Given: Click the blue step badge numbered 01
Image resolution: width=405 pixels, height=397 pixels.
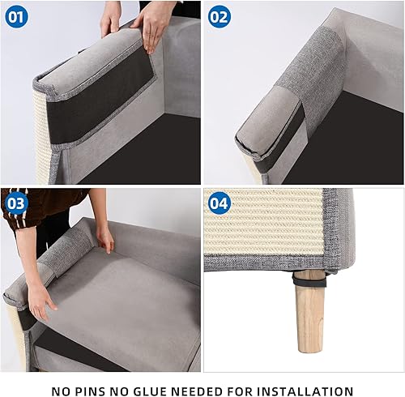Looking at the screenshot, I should point(16,15).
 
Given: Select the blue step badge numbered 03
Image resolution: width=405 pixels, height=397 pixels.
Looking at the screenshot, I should point(16,203).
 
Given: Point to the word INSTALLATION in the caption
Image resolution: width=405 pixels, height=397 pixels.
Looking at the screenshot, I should point(304,390).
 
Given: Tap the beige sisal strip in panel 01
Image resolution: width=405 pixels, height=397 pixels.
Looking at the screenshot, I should point(41,138).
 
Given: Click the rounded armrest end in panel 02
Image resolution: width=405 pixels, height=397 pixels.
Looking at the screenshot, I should point(259,134).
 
